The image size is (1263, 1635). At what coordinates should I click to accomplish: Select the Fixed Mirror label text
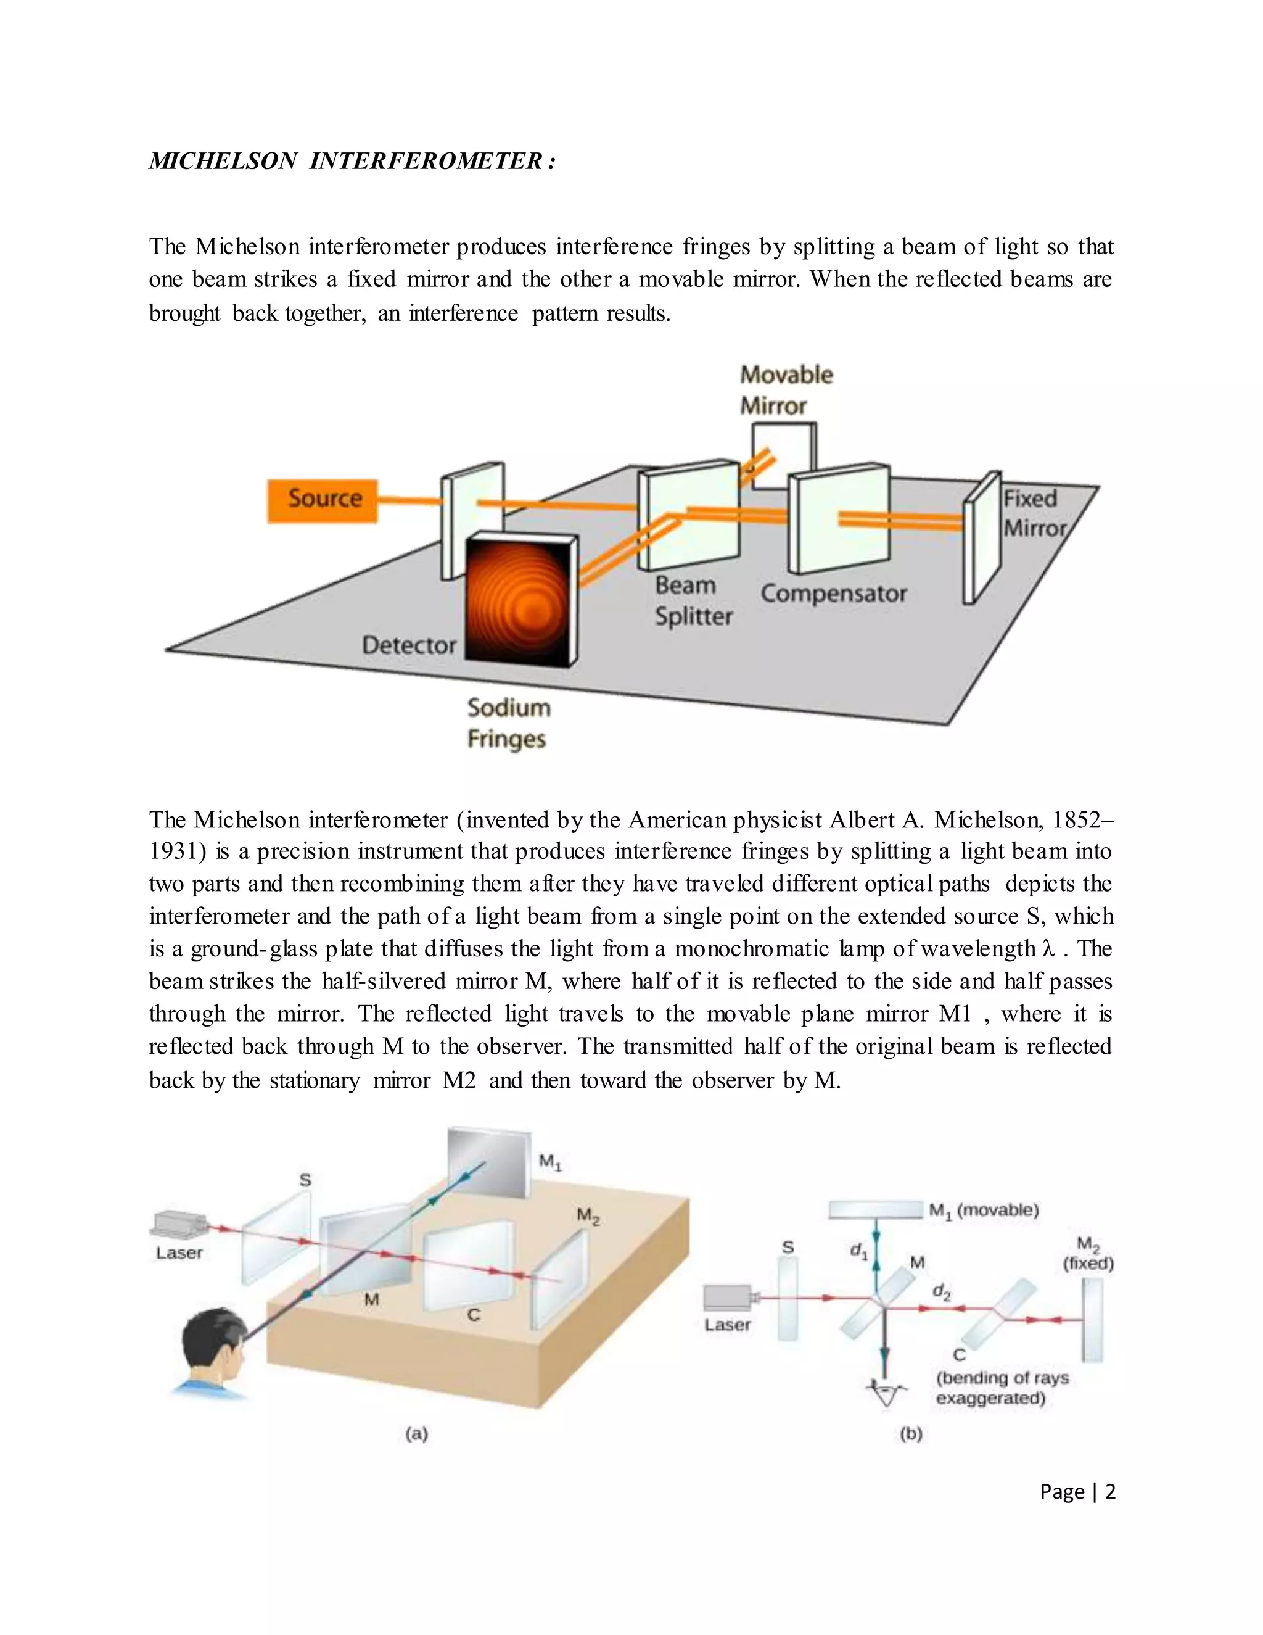point(1034,513)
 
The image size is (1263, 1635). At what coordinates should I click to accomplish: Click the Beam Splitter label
point(693,601)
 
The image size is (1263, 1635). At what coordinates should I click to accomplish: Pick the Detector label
point(408,645)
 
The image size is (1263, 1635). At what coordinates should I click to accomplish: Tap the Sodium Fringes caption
point(508,723)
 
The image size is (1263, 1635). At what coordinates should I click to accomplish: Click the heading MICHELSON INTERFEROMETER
point(352,162)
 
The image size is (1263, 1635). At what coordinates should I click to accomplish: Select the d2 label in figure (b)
point(941,1291)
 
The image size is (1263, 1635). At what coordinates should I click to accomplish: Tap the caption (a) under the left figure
point(417,1434)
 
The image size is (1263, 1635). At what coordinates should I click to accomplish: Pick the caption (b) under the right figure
point(911,1434)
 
